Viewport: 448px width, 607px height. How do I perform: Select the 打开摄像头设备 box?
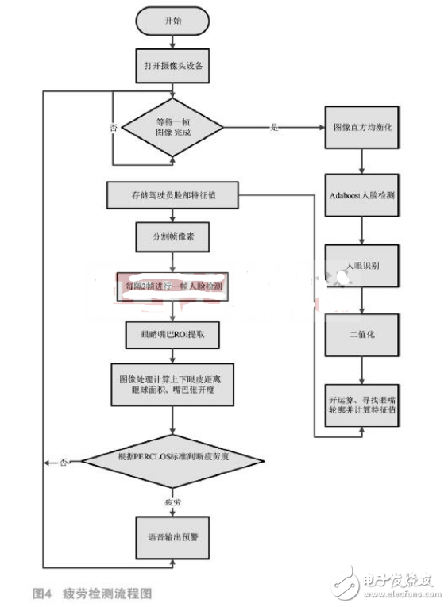click(x=172, y=67)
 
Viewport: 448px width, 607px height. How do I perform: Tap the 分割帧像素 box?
click(x=172, y=237)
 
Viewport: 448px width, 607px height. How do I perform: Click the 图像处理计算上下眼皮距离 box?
click(x=172, y=386)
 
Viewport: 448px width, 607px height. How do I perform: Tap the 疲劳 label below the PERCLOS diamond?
click(x=172, y=501)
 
